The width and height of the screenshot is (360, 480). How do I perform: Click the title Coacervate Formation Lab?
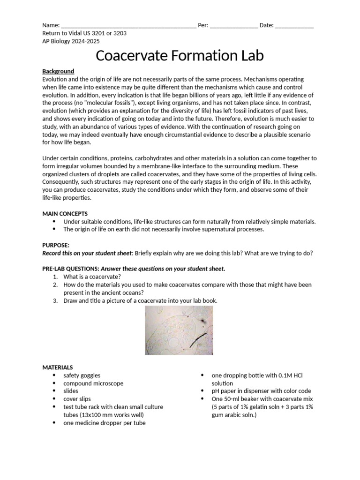coord(180,55)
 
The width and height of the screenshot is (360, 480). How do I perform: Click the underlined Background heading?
coord(58,71)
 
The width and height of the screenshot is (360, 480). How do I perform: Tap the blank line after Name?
coord(128,26)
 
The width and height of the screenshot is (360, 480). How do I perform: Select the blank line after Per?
coord(233,26)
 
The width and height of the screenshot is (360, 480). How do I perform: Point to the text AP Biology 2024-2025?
coord(71,41)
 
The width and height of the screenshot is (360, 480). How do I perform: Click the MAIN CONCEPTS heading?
coord(65,214)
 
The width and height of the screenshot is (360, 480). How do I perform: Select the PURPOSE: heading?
coord(56,245)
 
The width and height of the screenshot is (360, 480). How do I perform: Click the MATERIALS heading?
coord(57,367)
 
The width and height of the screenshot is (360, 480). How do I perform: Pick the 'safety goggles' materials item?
coord(82,375)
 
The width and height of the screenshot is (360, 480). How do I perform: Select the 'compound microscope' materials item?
coord(93,383)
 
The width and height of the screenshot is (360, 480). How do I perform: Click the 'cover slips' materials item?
coord(77,399)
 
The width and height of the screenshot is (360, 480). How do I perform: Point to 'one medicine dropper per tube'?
coord(105,423)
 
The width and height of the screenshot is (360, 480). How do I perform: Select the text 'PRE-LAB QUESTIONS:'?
coord(70,269)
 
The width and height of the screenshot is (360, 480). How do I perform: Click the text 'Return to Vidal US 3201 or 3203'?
coord(84,33)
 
